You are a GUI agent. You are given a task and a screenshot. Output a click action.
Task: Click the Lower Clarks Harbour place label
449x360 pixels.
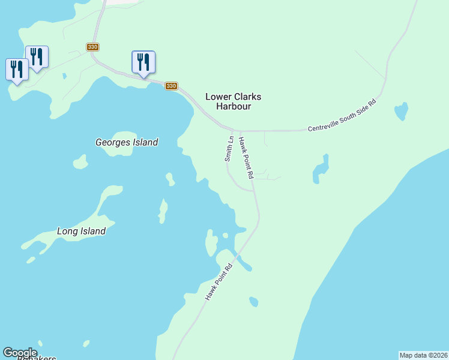click(x=234, y=101)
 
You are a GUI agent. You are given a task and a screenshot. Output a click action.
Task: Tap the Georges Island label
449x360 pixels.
click(x=127, y=142)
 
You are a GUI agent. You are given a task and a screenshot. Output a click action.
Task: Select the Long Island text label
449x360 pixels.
click(x=81, y=231)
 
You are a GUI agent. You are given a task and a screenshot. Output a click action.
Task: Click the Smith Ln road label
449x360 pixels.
click(x=229, y=148)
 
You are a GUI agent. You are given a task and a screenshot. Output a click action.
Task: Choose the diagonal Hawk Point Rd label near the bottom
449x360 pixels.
click(x=218, y=282)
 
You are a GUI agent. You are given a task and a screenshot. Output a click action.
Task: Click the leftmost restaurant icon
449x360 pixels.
click(x=17, y=70)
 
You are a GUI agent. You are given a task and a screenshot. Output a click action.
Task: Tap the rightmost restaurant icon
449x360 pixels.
click(x=143, y=62)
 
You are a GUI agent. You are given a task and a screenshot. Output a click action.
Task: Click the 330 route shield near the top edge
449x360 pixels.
click(x=92, y=47)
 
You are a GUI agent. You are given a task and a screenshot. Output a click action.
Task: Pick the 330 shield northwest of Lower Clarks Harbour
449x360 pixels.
click(x=171, y=86)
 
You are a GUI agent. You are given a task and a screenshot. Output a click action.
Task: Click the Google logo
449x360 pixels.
click(x=20, y=353)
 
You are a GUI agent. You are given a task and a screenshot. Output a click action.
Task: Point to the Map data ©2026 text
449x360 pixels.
click(x=424, y=355)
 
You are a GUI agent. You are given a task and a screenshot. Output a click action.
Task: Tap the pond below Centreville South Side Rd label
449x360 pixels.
click(x=401, y=111)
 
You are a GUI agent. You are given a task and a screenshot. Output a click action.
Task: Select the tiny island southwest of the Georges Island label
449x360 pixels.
click(x=80, y=162)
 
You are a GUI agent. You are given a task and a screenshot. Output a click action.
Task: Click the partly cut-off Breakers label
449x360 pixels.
click(x=36, y=358)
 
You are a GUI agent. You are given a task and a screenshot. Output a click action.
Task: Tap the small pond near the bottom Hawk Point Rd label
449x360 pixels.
click(x=254, y=301)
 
